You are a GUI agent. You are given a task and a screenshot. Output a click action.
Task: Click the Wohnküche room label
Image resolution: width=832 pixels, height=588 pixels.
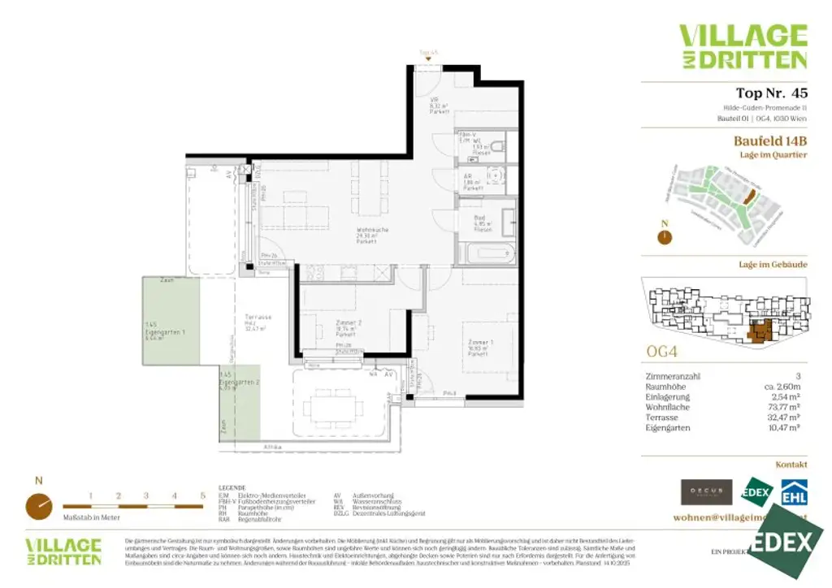click(x=373, y=234)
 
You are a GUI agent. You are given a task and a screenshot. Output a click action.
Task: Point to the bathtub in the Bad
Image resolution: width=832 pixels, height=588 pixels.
click(x=487, y=253)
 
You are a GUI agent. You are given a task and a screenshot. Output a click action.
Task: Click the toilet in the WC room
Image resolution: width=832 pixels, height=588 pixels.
click(x=499, y=146)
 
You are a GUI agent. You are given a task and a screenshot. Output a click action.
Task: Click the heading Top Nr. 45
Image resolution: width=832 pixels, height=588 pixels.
click(x=771, y=93)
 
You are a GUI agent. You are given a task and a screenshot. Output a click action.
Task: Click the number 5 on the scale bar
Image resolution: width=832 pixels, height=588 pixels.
click(x=202, y=494)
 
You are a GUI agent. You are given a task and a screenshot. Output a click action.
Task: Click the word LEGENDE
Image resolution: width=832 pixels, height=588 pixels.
click(x=232, y=487)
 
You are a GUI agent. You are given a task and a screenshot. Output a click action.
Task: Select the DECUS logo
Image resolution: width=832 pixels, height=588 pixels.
click(x=706, y=491)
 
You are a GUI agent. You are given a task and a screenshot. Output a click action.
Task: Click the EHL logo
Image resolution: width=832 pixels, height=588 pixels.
click(x=794, y=493)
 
